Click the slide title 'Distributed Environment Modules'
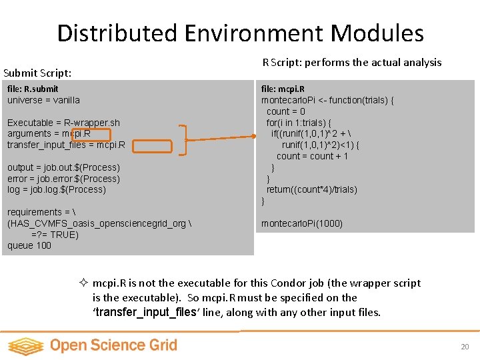coord(240,33)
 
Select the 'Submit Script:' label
coord(37,73)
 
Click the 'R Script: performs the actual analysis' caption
coord(351,62)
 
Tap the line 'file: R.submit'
coord(33,89)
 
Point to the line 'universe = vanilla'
coord(43,100)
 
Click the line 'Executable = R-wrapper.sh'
coord(63,123)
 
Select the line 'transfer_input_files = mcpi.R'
coord(65,145)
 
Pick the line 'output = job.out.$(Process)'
coord(63,167)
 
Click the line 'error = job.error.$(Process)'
coord(63,179)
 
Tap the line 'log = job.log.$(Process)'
coord(57,189)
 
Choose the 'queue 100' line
coord(29,245)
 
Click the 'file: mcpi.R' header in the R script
coord(283,89)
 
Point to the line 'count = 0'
coord(285,111)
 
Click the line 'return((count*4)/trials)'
coord(311,189)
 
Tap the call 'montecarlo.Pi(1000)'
coord(302,223)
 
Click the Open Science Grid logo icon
coord(25,345)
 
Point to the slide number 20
coord(465,347)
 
